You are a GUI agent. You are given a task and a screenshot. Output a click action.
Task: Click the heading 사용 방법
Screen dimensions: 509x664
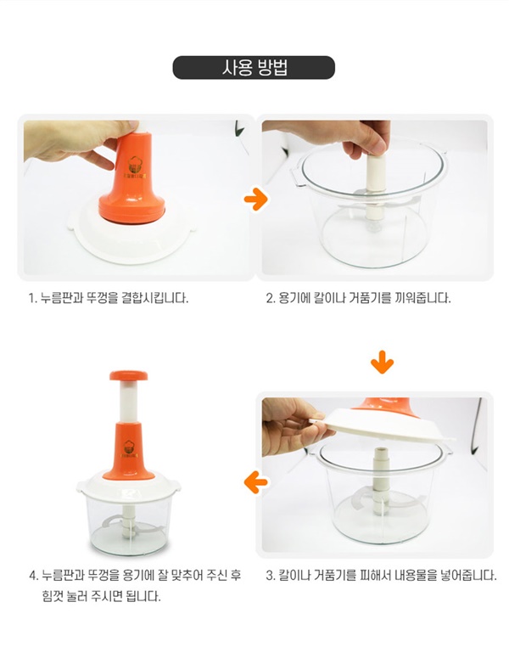pyautogui.click(x=254, y=68)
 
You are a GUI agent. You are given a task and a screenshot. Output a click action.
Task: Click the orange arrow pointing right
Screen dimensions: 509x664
pyautogui.click(x=256, y=199)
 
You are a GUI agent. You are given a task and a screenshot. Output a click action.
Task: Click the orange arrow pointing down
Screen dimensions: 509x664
pyautogui.click(x=382, y=362)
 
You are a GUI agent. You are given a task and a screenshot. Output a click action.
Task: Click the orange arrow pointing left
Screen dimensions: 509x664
pyautogui.click(x=256, y=482)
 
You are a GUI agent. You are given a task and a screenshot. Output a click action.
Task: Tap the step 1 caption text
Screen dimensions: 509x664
pyautogui.click(x=109, y=298)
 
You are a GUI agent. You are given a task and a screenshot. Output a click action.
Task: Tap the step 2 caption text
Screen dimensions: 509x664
pyautogui.click(x=358, y=298)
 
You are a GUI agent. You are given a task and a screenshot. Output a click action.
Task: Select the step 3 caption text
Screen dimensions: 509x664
pyautogui.click(x=381, y=576)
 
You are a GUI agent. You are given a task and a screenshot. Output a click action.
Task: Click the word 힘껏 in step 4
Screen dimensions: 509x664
pyautogui.click(x=51, y=597)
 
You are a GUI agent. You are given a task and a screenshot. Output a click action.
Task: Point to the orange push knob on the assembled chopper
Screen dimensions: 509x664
pyautogui.click(x=129, y=375)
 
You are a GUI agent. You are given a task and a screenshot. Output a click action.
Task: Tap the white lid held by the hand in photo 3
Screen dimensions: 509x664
pyautogui.click(x=383, y=425)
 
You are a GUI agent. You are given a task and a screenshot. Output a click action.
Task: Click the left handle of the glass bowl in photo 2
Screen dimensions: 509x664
pyautogui.click(x=296, y=177)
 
